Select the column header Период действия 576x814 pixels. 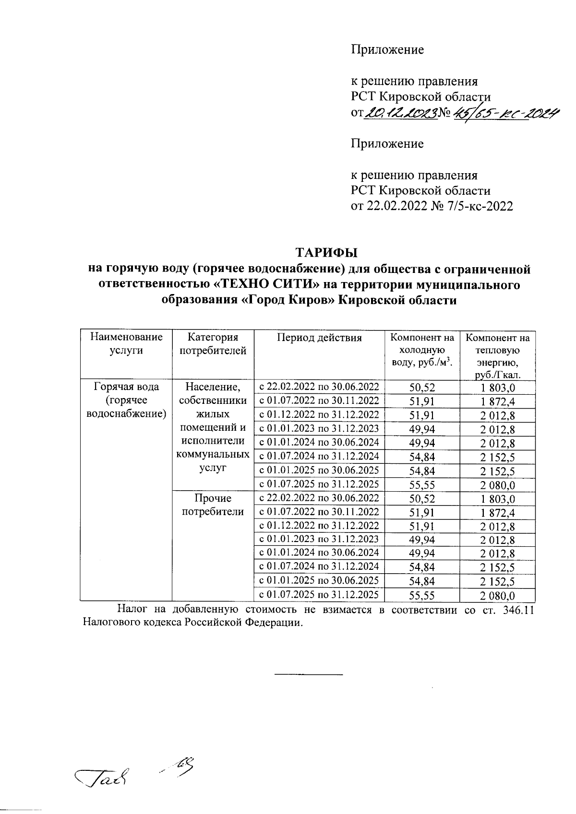(319, 338)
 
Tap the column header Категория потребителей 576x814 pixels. (212, 344)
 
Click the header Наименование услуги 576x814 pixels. (126, 344)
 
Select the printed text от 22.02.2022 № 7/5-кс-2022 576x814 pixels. (432, 206)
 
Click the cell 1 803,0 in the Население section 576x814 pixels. (497, 388)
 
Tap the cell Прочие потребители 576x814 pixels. (213, 505)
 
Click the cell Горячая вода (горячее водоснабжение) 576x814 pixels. (126, 400)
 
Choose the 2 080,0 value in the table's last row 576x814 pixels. (497, 596)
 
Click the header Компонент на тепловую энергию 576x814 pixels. (497, 356)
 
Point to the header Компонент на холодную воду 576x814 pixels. (422, 351)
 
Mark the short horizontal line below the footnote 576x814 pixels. (308, 675)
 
